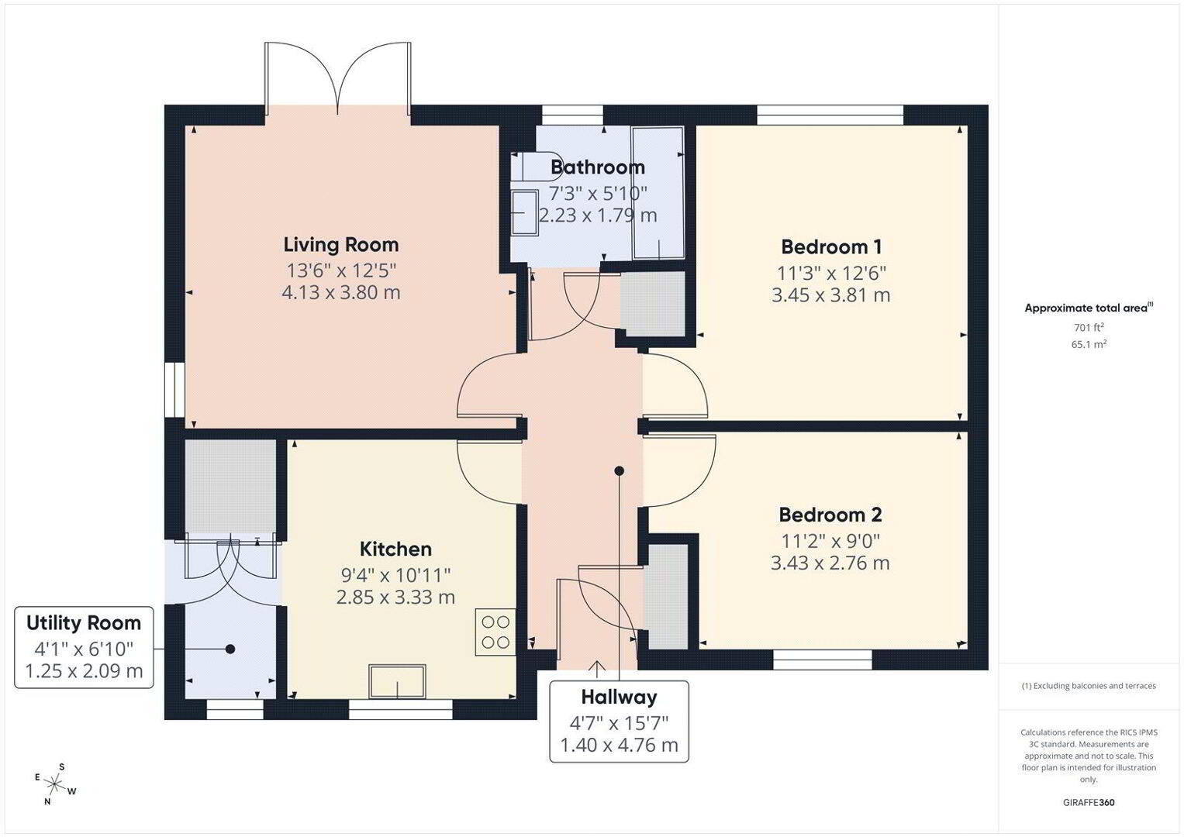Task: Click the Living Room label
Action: pyautogui.click(x=341, y=245)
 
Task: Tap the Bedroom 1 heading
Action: pyautogui.click(x=831, y=246)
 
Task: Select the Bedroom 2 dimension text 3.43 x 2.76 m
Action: pyautogui.click(x=830, y=563)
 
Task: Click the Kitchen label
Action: pyautogui.click(x=395, y=549)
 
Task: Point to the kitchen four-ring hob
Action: pyautogui.click(x=495, y=632)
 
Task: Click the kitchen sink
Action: pyautogui.click(x=398, y=681)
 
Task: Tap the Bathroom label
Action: pyautogui.click(x=598, y=167)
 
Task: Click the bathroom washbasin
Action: pyautogui.click(x=524, y=212)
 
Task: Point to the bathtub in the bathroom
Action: pyautogui.click(x=658, y=193)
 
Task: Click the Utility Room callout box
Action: pyautogui.click(x=84, y=647)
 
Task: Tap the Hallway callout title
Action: pyautogui.click(x=619, y=697)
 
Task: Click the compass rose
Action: pyautogui.click(x=54, y=784)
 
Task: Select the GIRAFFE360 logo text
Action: pyautogui.click(x=1089, y=802)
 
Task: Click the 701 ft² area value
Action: pyautogui.click(x=1089, y=327)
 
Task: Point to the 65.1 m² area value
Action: pyautogui.click(x=1089, y=344)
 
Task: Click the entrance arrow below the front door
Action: pyautogui.click(x=597, y=669)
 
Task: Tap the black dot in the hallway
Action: pyautogui.click(x=620, y=471)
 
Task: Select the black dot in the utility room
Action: pyautogui.click(x=230, y=649)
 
